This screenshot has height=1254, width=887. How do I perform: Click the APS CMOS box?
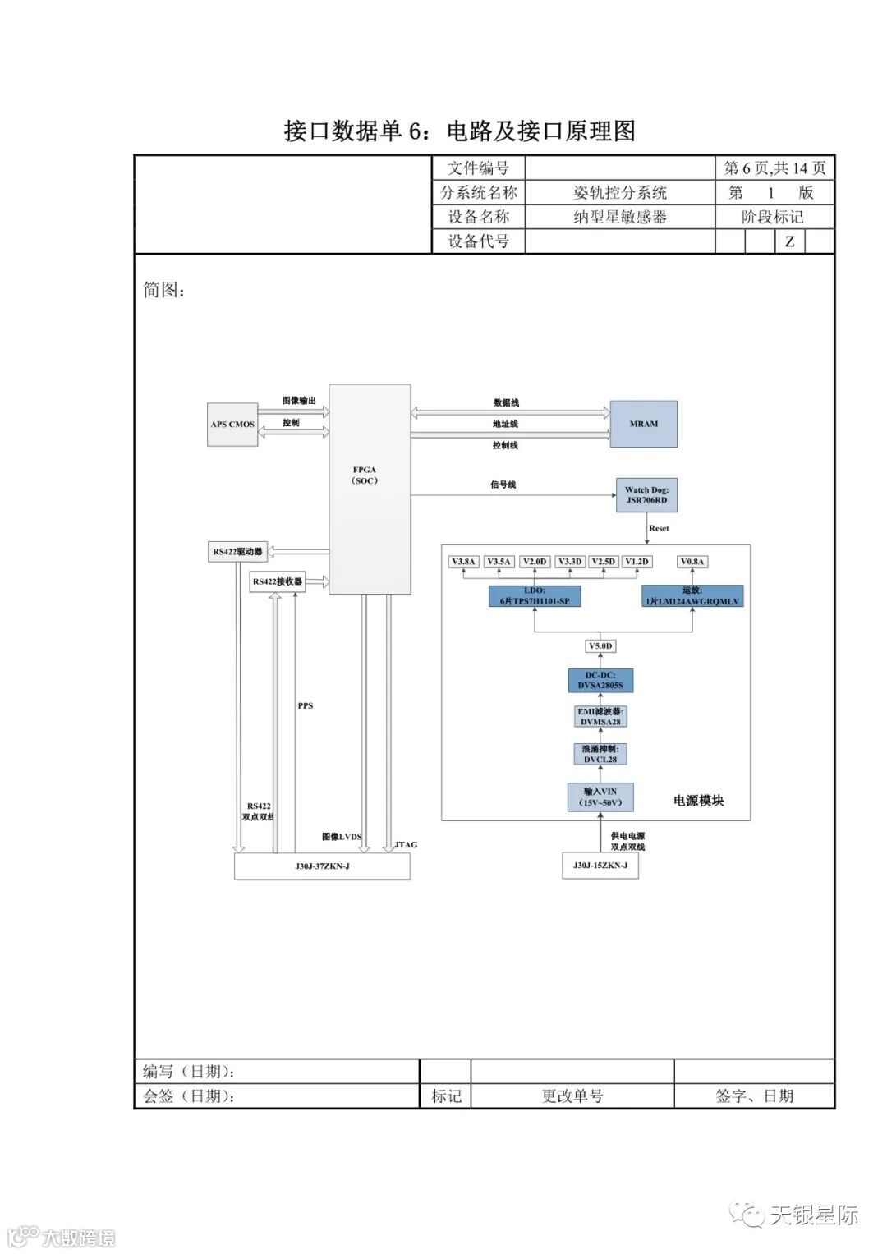click(x=232, y=424)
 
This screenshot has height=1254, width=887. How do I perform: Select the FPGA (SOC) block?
click(x=369, y=489)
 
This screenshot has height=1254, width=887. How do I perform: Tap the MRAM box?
click(x=643, y=424)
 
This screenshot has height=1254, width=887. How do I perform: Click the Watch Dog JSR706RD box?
click(x=646, y=495)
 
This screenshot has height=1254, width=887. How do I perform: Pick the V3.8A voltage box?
click(x=463, y=562)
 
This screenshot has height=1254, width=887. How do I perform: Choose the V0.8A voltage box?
click(x=692, y=562)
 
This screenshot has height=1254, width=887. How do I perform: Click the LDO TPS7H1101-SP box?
click(x=534, y=596)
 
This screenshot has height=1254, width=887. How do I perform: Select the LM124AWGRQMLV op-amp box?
click(x=692, y=596)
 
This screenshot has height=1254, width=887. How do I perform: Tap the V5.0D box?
click(x=600, y=646)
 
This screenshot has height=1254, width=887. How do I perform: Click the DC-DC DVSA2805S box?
click(x=600, y=681)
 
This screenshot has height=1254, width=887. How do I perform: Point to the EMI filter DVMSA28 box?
click(x=600, y=717)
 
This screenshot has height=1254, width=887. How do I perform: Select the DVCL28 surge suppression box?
click(x=600, y=754)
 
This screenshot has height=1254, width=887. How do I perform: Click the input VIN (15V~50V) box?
click(x=600, y=797)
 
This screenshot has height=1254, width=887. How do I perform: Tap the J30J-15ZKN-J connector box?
click(x=600, y=866)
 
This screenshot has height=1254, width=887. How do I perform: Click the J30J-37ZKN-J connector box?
click(x=322, y=866)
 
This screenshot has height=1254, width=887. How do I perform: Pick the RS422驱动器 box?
click(x=237, y=552)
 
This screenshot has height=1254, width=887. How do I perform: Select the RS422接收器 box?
click(x=277, y=581)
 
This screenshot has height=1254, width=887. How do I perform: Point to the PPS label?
click(x=306, y=705)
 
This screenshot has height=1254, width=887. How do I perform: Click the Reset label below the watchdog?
click(x=659, y=528)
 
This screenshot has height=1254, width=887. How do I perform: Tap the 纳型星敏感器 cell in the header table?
click(x=619, y=217)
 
